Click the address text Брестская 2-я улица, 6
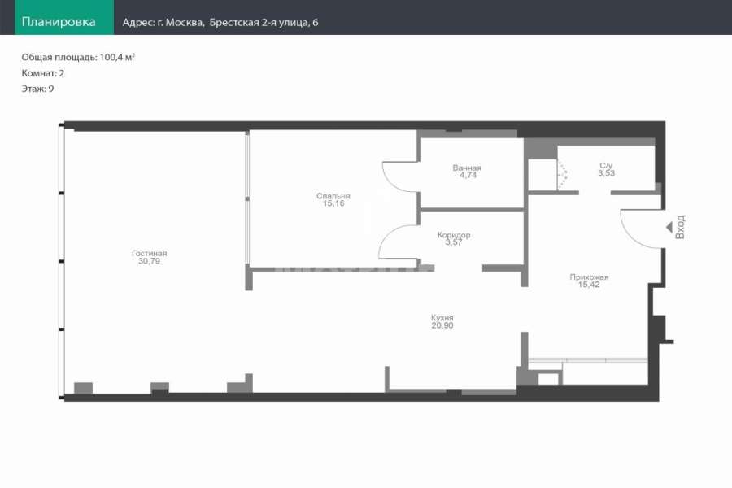coord(264,23)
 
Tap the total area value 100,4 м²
coord(117,57)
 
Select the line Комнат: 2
coord(43,73)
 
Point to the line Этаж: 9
coord(37,89)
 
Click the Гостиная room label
coord(150,253)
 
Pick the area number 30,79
coord(150,261)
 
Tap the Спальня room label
coord(333,196)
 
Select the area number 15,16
coord(333,203)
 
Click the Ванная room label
coord(467,168)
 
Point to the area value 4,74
coord(468,175)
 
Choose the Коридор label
coord(454,235)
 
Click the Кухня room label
coord(442,317)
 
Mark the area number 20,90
coord(442,325)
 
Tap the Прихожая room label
coord(589,277)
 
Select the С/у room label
coord(606,165)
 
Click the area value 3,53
coord(607,172)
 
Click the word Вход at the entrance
coord(680,227)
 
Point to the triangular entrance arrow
coord(669,228)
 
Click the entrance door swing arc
coord(629,235)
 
